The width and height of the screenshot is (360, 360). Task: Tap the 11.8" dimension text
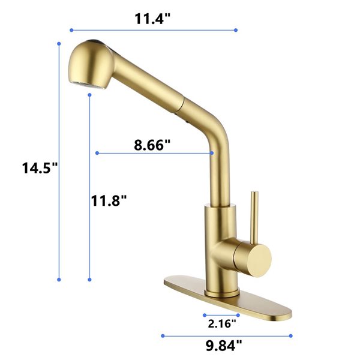(109, 200)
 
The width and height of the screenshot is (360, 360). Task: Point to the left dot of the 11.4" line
(71, 29)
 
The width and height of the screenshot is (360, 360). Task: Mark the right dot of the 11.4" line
(236, 29)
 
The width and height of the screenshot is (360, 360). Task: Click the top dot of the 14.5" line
(59, 43)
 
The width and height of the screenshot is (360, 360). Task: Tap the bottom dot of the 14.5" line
(59, 279)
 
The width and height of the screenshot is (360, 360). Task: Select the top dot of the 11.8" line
(89, 94)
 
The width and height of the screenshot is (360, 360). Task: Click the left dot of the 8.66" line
(96, 154)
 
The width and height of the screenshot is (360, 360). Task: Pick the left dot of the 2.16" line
(204, 314)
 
